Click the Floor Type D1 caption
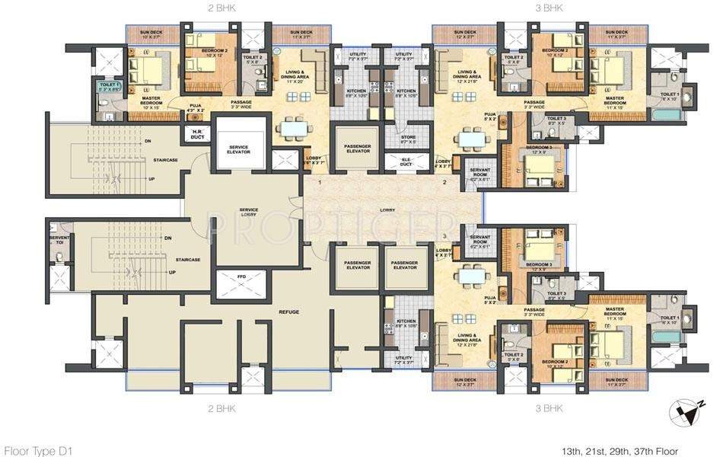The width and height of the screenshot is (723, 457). [x=36, y=451]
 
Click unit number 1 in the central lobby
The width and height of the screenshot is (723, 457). [x=320, y=183]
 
